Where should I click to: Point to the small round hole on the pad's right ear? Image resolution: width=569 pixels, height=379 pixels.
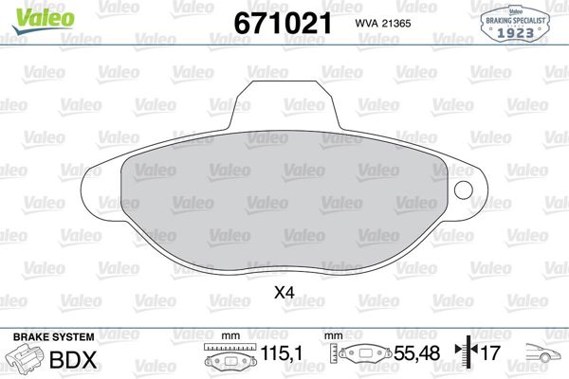(464, 190)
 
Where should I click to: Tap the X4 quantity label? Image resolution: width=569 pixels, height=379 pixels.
(284, 294)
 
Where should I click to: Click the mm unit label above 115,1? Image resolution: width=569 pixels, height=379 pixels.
(229, 336)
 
